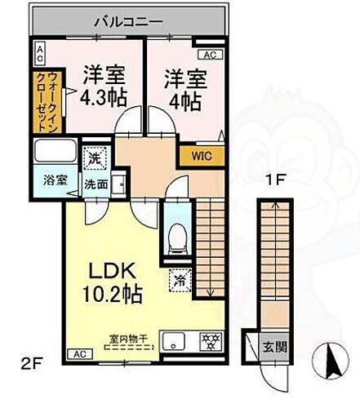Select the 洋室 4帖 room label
(x=184, y=90)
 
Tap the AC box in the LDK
(x=79, y=355)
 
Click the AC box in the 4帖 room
(x=208, y=55)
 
